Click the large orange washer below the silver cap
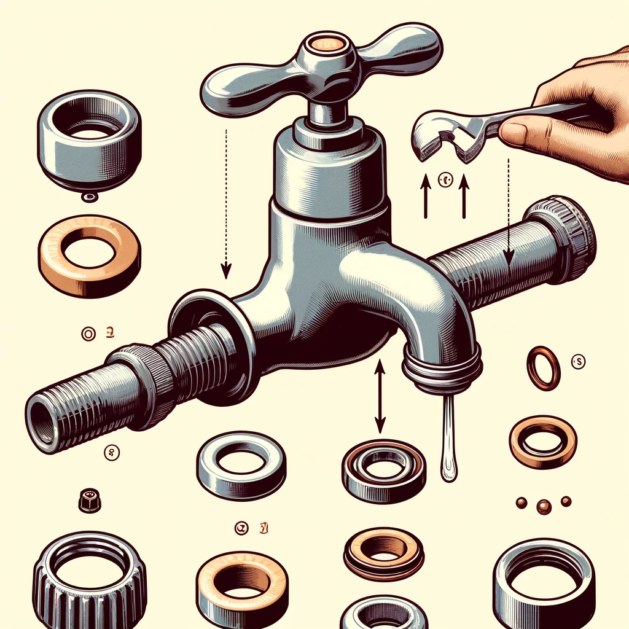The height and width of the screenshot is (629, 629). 90,255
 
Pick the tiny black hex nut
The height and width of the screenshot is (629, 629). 90,500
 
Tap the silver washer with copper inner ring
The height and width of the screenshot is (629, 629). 383,470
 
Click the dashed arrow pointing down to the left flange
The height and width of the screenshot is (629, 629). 226,203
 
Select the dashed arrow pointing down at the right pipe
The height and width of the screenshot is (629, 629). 508,209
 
